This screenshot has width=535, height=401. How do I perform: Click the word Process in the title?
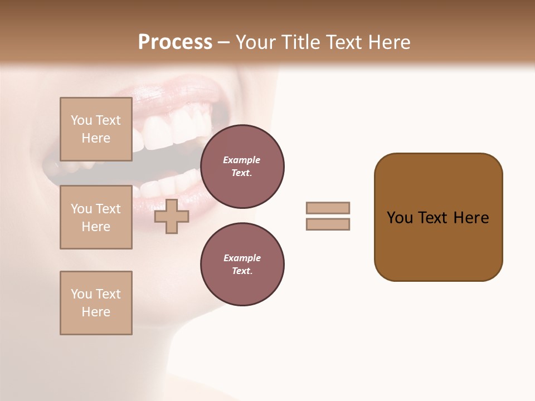tap(175, 42)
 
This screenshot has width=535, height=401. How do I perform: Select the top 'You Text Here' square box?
tap(96, 129)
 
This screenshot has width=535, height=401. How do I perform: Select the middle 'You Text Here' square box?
tap(96, 217)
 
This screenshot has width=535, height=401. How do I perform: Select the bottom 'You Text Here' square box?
tap(96, 303)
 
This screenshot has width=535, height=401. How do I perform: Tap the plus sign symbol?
tap(171, 216)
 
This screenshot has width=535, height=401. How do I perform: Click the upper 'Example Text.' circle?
tap(242, 166)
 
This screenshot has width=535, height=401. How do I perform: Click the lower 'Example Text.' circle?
tap(242, 264)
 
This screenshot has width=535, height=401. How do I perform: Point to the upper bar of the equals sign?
tap(328, 208)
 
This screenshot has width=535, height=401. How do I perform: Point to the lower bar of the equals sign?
tap(328, 224)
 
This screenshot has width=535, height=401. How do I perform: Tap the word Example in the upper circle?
tap(241, 160)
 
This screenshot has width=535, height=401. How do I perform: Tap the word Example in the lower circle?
tap(241, 258)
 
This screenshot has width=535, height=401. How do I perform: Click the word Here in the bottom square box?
tap(96, 312)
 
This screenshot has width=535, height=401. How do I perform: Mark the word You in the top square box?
tap(81, 120)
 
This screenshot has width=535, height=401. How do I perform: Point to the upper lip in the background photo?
tap(167, 89)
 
